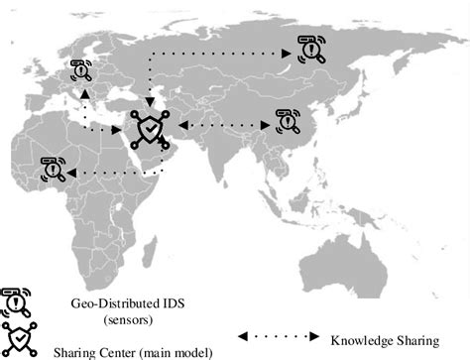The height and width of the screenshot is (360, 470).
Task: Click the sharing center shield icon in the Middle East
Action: [x=148, y=128]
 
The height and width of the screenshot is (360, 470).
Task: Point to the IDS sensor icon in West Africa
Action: [x=52, y=168]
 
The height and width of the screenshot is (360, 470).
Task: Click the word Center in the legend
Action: [x=103, y=349]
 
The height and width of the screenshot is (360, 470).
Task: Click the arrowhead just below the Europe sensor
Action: [x=86, y=90]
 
